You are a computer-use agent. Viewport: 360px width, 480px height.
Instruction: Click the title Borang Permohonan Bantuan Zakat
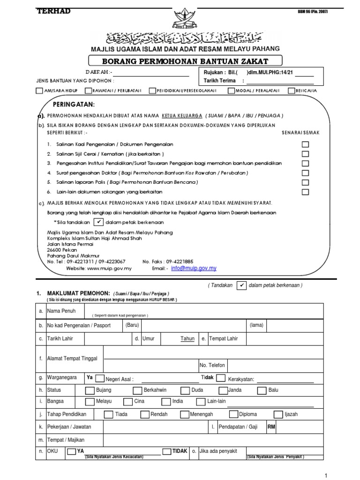[x=185, y=61]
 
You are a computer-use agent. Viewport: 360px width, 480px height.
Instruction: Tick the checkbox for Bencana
[x=292, y=90]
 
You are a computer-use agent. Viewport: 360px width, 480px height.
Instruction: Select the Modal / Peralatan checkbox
[x=231, y=90]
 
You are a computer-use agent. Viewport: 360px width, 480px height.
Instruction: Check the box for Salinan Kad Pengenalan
[x=305, y=145]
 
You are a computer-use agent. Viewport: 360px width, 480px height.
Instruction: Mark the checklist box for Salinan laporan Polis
[x=305, y=182]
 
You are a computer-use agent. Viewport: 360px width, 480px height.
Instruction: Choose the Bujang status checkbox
[x=89, y=390]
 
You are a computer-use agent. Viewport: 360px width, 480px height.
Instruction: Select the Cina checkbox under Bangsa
[x=127, y=402]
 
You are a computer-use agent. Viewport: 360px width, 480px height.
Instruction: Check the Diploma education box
[x=233, y=414]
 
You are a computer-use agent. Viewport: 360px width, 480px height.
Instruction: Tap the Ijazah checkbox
[x=278, y=414]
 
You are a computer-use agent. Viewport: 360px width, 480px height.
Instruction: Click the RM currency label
[x=271, y=427]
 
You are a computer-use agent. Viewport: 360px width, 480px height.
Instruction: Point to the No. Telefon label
[x=212, y=365]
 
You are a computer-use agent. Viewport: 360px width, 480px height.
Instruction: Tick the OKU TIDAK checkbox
[x=166, y=451]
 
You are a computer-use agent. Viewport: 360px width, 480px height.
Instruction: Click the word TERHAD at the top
[x=53, y=11]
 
